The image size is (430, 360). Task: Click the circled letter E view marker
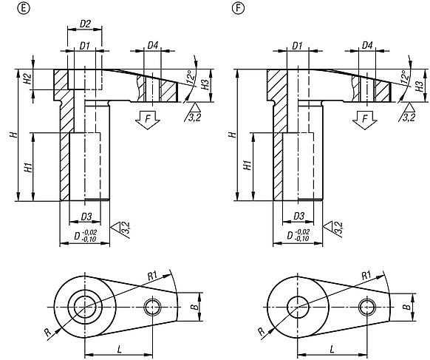(x=24, y=9)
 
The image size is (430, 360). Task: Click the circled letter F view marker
(x=238, y=9)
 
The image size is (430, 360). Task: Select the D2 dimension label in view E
(x=85, y=24)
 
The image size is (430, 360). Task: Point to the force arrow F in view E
(x=148, y=120)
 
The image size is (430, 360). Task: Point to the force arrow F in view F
(x=364, y=120)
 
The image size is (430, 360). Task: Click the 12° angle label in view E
(x=190, y=77)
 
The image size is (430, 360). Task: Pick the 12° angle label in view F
(x=404, y=77)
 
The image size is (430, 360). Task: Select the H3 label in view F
(x=419, y=86)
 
